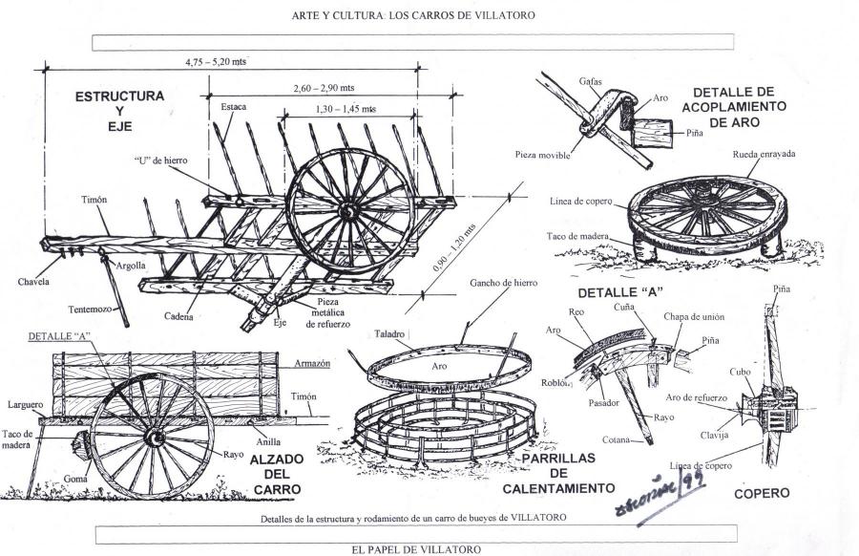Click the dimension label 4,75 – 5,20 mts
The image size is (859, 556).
tap(217, 62)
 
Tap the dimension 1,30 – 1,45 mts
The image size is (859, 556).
tap(346, 110)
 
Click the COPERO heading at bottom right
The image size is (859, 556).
tap(762, 494)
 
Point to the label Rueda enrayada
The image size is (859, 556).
tap(764, 154)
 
